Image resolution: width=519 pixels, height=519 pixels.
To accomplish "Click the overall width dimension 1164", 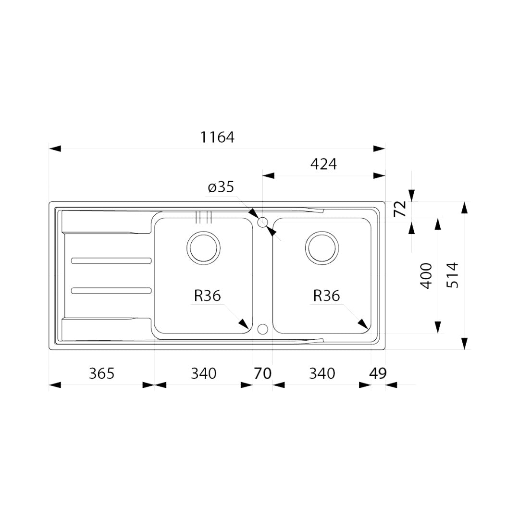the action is pyautogui.click(x=217, y=137).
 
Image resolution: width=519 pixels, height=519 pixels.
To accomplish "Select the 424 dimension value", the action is pyautogui.click(x=323, y=164).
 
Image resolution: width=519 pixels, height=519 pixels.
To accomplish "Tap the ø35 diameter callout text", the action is pyautogui.click(x=221, y=187).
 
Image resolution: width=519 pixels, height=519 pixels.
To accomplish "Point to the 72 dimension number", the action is pyautogui.click(x=400, y=209).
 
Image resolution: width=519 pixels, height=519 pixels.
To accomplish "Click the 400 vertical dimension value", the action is pyautogui.click(x=426, y=276).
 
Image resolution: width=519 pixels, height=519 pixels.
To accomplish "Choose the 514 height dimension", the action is pyautogui.click(x=453, y=275).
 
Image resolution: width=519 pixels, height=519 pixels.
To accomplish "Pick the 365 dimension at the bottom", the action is pyautogui.click(x=101, y=374).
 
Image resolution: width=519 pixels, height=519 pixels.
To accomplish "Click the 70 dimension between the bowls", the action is pyautogui.click(x=263, y=374).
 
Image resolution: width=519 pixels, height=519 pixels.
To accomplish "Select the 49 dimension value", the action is pyautogui.click(x=378, y=374).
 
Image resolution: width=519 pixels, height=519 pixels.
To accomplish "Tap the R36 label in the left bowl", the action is pyautogui.click(x=207, y=296).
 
